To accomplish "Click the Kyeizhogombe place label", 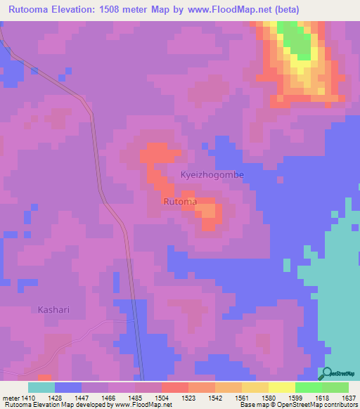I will tap(212, 174).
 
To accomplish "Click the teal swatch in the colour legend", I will tap(41, 387).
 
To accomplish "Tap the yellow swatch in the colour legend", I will tap(281, 387).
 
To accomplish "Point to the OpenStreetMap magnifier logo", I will tap(326, 375).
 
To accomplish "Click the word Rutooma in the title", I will tap(32, 10).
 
